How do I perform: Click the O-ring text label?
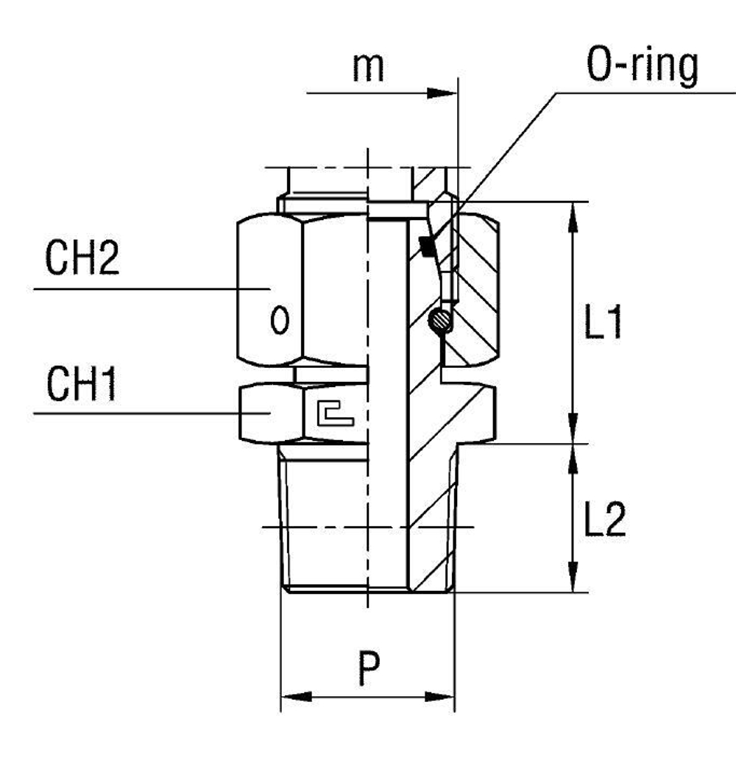[641, 66]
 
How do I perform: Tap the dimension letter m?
[367, 67]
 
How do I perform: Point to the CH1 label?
[82, 385]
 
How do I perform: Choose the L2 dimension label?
[604, 520]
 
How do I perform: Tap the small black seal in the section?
[426, 247]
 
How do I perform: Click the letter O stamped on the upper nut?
[279, 321]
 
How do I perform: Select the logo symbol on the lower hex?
[336, 414]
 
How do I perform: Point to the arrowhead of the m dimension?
[443, 93]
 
